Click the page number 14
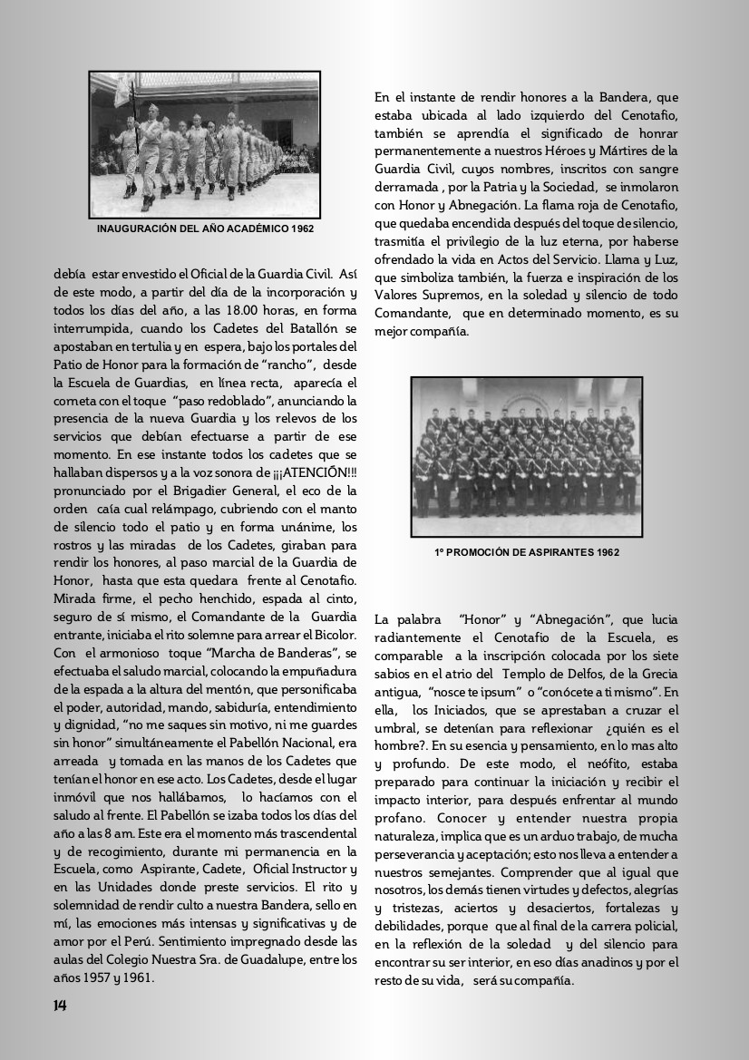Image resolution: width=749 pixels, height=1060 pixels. pyautogui.click(x=60, y=1005)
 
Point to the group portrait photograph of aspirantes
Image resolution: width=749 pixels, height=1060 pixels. pyautogui.click(x=525, y=456)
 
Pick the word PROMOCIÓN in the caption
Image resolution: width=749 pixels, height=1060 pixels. pyautogui.click(x=477, y=551)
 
